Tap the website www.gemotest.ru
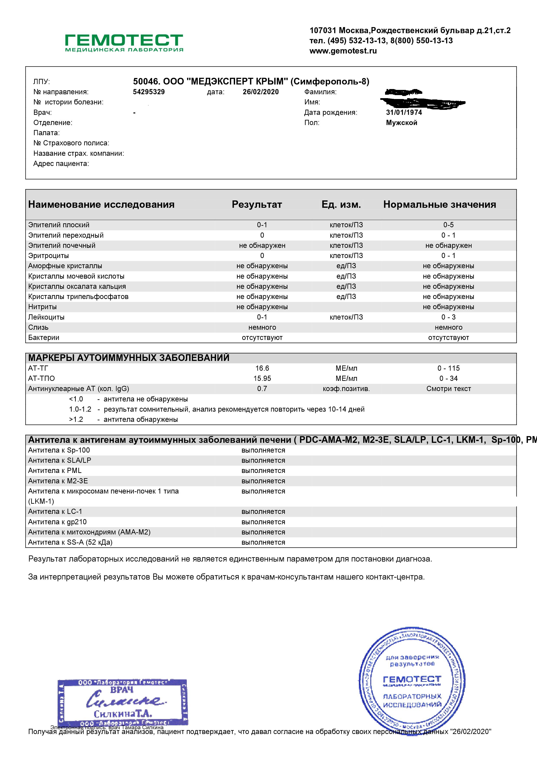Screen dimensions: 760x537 343,51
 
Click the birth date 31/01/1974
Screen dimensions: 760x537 404,112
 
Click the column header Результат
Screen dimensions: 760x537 257,205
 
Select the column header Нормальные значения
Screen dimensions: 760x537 439,205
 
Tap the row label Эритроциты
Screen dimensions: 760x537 49,256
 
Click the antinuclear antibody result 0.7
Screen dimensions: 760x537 262,389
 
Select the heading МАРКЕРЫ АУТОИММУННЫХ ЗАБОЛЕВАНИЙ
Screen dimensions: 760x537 129,358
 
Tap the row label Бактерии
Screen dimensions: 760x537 44,338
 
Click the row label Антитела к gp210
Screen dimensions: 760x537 57,522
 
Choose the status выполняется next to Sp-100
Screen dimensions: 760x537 263,450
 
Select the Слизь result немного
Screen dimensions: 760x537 262,327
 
